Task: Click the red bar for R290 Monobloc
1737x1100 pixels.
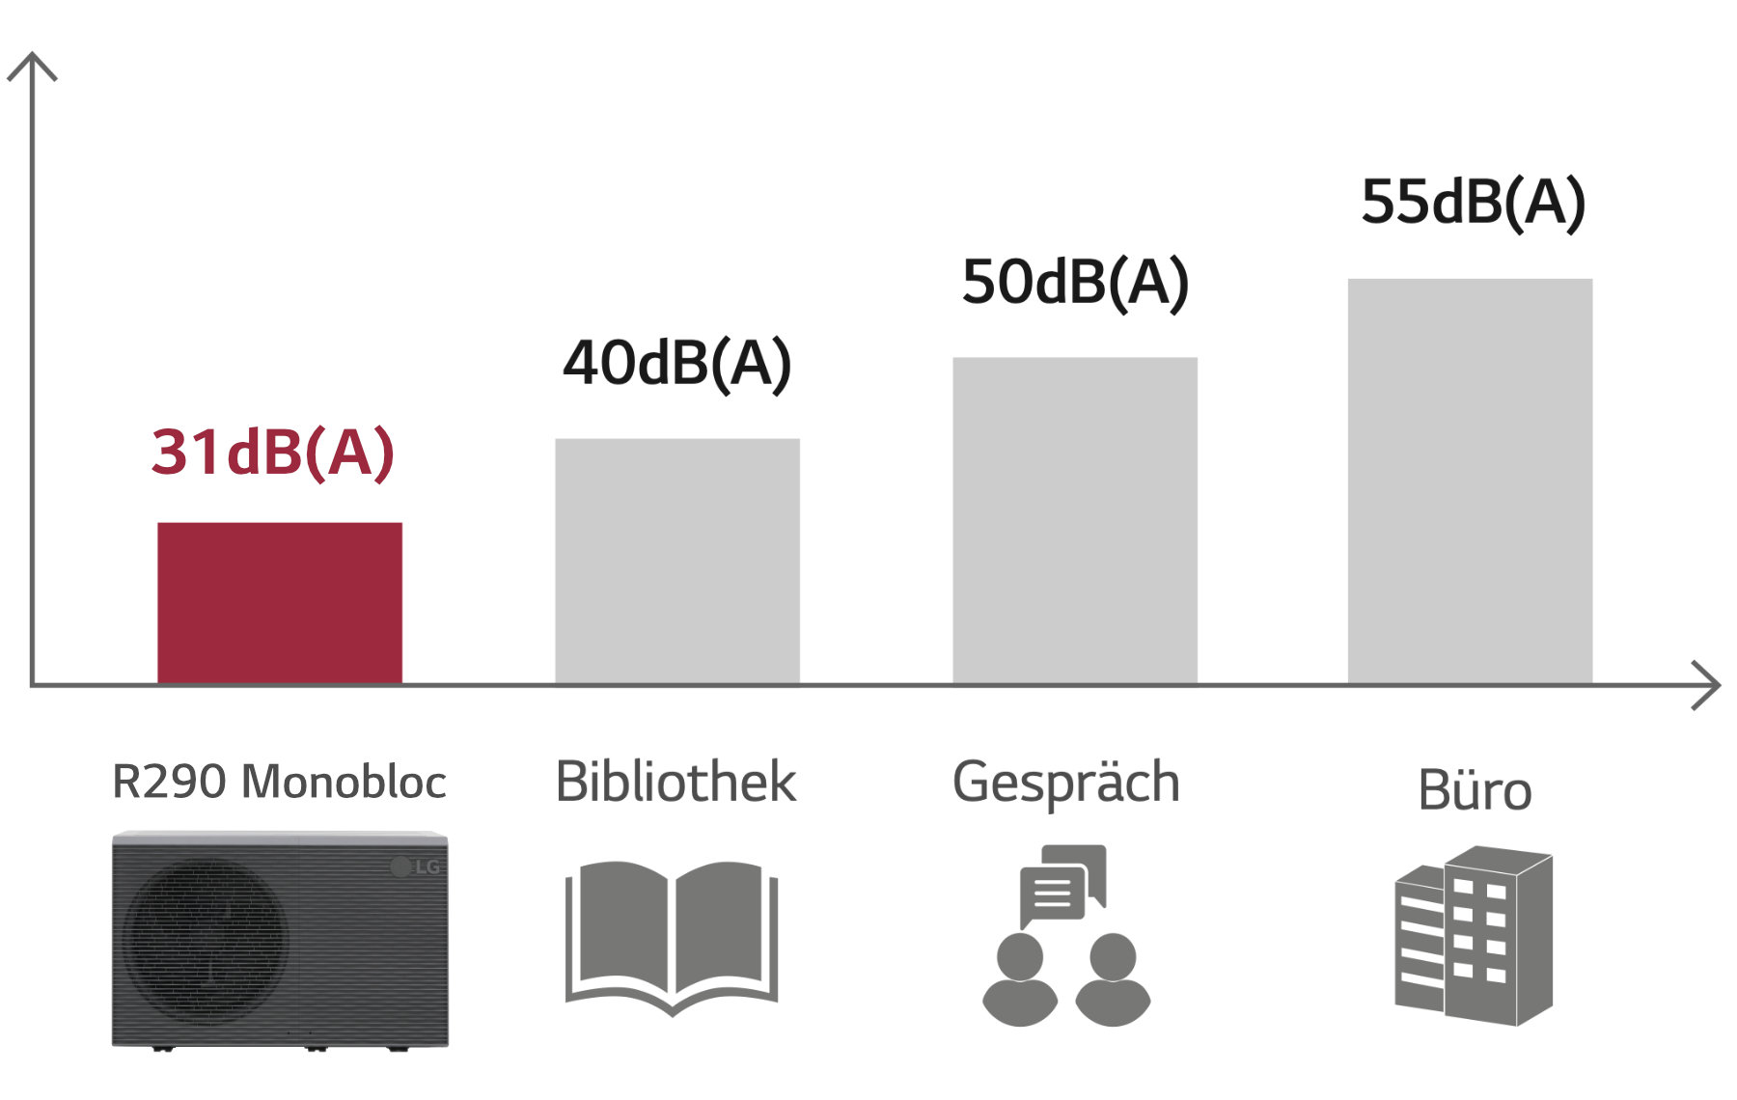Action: [280, 603]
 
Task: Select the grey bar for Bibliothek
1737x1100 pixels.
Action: [677, 561]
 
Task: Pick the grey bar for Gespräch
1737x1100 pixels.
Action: [1075, 520]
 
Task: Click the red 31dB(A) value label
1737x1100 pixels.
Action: [273, 453]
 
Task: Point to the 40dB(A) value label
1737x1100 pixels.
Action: [677, 364]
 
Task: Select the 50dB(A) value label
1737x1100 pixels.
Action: [1075, 283]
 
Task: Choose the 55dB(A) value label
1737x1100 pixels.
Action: [1473, 203]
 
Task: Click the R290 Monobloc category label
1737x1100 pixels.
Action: [279, 782]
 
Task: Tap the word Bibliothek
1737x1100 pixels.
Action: [675, 782]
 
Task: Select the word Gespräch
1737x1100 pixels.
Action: [1065, 783]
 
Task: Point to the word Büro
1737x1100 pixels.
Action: [1475, 791]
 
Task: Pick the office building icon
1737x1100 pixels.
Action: [1474, 936]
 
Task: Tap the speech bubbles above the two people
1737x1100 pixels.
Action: [1061, 883]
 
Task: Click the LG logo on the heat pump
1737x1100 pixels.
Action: [416, 866]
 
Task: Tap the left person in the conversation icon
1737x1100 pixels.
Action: [1020, 978]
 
